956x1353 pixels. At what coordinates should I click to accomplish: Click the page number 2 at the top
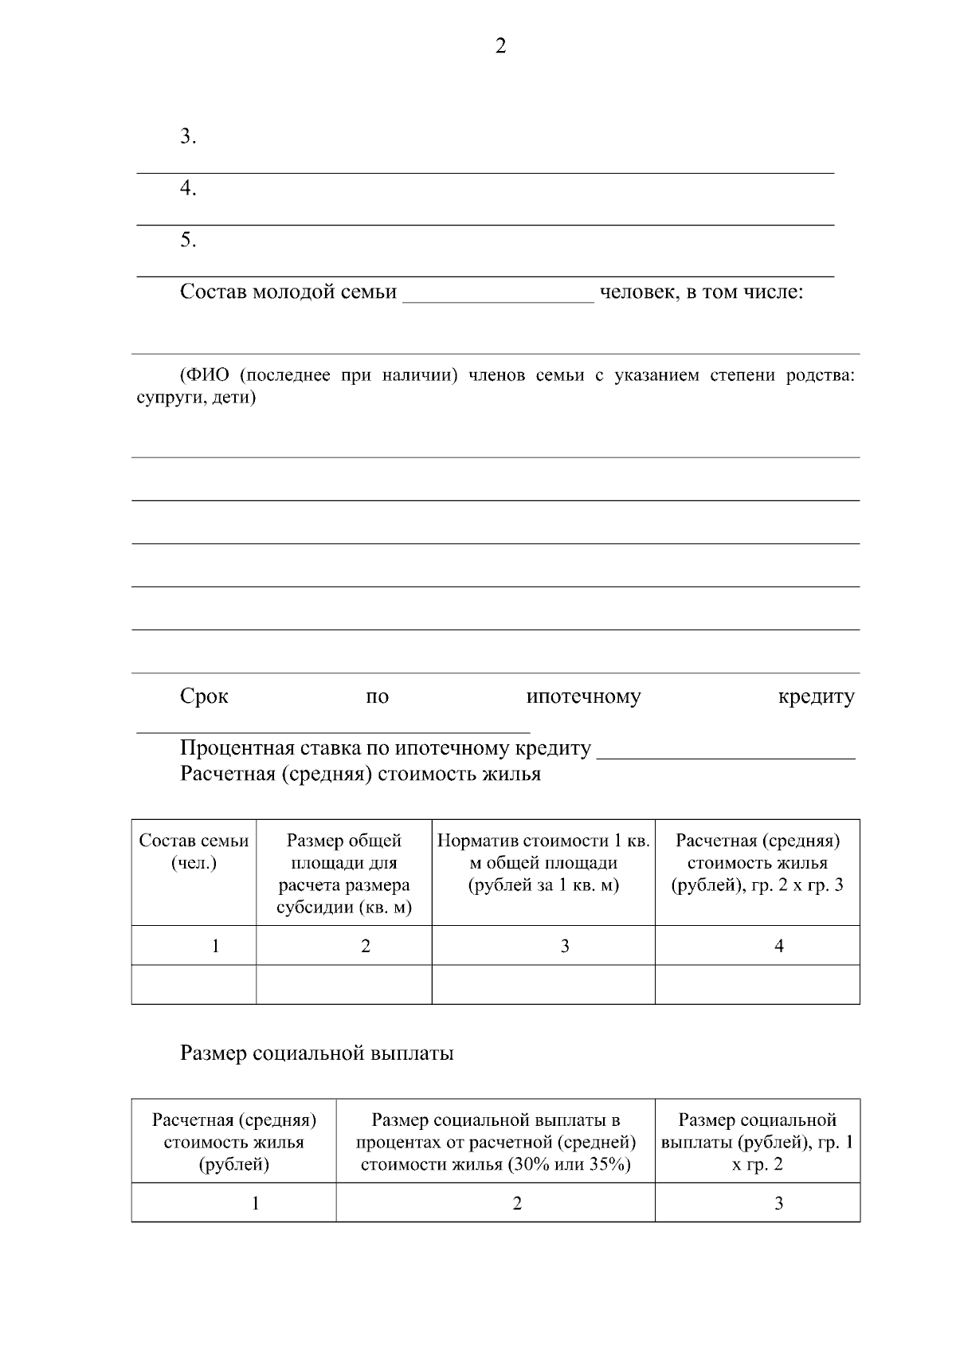[500, 47]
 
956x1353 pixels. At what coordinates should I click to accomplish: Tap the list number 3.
[188, 137]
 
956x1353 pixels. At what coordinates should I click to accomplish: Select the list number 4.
[188, 189]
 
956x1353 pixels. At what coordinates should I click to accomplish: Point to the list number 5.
[188, 240]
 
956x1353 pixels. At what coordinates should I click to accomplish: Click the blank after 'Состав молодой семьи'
[499, 295]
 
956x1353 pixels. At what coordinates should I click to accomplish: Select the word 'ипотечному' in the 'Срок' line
[583, 697]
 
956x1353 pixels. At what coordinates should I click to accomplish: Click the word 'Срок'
[204, 697]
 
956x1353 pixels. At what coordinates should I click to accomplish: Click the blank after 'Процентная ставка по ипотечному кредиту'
[725, 751]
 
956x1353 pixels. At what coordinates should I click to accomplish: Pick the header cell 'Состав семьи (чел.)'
[194, 852]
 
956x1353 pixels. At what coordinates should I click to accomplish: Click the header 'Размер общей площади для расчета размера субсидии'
[343, 874]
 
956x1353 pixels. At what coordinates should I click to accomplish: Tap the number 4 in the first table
[778, 947]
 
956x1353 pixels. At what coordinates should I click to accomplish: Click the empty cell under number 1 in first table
[194, 985]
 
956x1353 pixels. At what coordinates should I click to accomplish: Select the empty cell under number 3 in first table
[543, 985]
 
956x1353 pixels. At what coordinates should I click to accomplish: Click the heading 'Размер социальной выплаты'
[317, 1053]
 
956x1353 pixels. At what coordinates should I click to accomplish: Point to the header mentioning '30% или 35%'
[496, 1143]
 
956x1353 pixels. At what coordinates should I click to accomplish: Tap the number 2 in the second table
[517, 1204]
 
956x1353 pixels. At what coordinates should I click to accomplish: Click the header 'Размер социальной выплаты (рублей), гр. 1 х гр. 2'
[757, 1143]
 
